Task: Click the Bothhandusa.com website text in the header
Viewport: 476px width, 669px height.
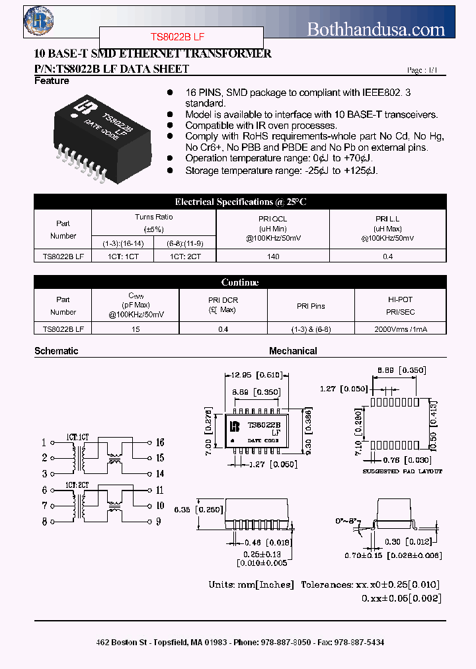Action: pyautogui.click(x=376, y=29)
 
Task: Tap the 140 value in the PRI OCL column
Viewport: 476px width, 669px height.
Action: pyautogui.click(x=272, y=255)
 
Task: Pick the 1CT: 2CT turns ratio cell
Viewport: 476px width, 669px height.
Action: pyautogui.click(x=185, y=255)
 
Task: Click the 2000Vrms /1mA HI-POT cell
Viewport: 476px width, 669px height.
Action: pyautogui.click(x=400, y=328)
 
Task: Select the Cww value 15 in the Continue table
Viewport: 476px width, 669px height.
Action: pyautogui.click(x=136, y=328)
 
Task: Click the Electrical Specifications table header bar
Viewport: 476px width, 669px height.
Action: pyautogui.click(x=240, y=202)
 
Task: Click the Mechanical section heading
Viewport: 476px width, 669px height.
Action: pyautogui.click(x=293, y=351)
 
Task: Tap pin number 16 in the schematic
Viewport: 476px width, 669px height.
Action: pyautogui.click(x=160, y=442)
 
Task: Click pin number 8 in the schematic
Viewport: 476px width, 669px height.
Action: pyautogui.click(x=44, y=522)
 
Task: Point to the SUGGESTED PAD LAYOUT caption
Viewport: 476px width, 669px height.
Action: pyautogui.click(x=403, y=471)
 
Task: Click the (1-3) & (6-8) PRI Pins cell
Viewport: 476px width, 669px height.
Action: pyautogui.click(x=311, y=328)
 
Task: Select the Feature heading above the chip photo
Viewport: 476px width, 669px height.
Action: pyautogui.click(x=52, y=81)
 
